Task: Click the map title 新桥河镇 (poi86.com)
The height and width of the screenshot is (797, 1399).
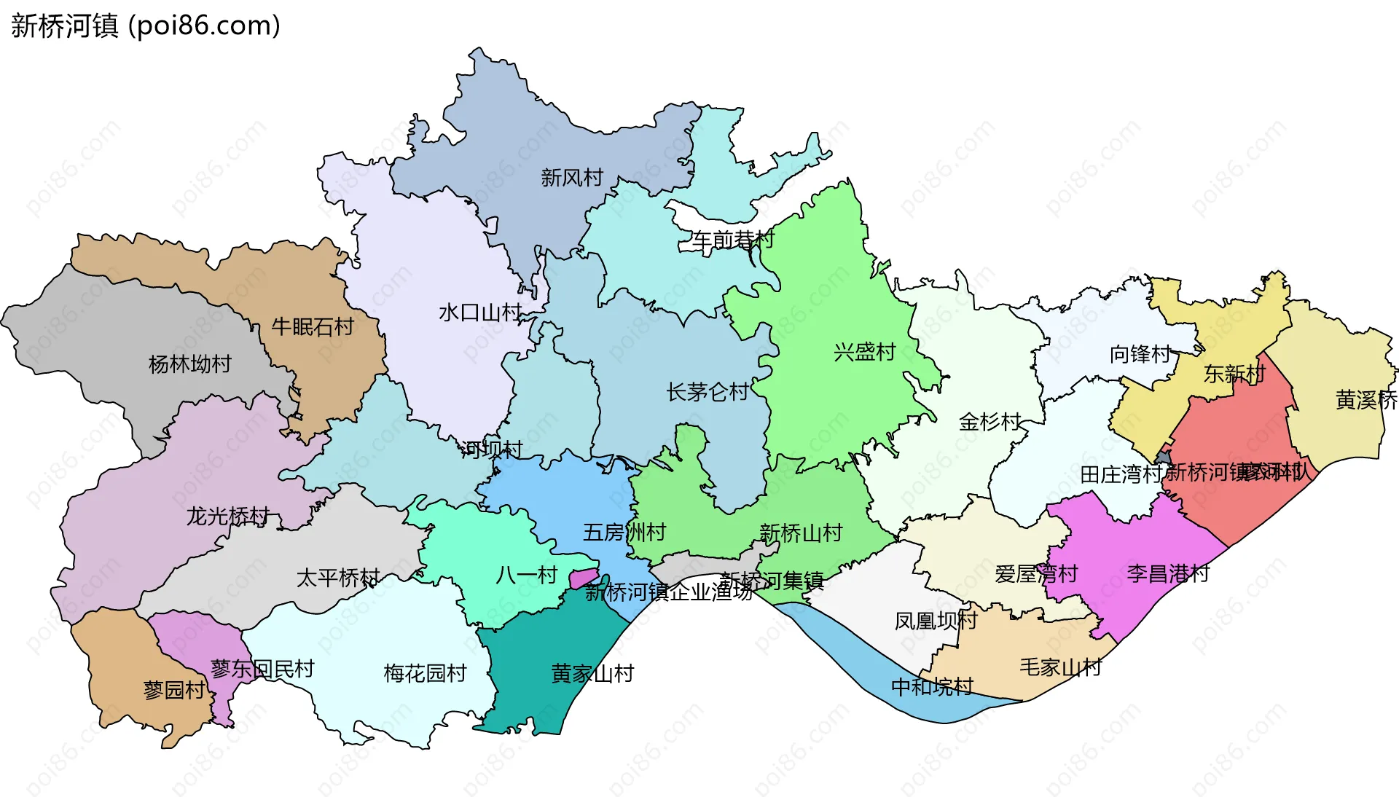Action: pos(146,25)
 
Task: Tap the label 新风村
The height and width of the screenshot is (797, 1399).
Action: pos(572,177)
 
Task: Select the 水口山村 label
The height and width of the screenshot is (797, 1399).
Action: pos(479,313)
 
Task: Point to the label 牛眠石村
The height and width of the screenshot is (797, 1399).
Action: pos(312,326)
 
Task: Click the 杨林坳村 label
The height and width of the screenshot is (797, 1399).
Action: pos(189,364)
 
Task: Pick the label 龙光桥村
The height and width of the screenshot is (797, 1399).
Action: pos(228,516)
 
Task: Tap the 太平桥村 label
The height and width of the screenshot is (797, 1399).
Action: pos(337,578)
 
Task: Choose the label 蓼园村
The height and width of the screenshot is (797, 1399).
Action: pos(174,689)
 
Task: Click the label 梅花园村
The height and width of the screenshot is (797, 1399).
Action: pos(425,672)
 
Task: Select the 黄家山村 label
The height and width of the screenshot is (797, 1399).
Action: pos(592,673)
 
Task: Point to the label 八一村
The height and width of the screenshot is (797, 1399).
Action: pos(526,575)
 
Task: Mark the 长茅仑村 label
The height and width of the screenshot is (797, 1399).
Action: pos(707,392)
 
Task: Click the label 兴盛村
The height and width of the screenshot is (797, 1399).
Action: pos(864,352)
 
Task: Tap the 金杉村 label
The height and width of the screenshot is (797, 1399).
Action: pos(990,421)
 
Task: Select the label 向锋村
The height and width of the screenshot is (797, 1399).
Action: pos(1140,354)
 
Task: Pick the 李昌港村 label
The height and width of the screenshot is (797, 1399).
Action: pos(1168,573)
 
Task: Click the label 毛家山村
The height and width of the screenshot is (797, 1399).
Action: pos(1060,667)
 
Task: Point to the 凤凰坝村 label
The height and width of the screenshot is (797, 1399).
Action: pos(936,621)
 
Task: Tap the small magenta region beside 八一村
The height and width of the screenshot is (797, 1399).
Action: pos(583,578)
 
